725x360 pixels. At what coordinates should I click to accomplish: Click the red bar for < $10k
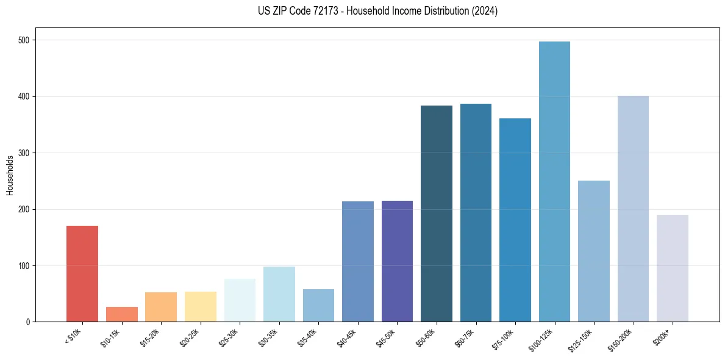click(x=82, y=274)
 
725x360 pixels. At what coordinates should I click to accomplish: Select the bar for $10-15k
click(x=122, y=314)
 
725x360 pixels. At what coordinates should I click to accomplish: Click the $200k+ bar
click(x=673, y=268)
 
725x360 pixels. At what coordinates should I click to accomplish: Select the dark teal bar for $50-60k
click(x=437, y=214)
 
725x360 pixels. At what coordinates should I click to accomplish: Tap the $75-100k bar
click(x=515, y=220)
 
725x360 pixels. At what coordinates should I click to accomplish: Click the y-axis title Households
click(x=10, y=175)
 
